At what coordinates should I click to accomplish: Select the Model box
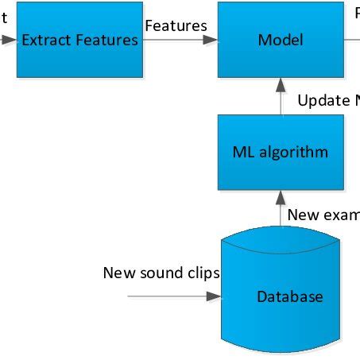[281, 40]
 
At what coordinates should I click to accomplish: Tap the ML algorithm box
[281, 152]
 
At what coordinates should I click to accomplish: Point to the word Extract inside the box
[45, 40]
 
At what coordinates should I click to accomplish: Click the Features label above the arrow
[176, 25]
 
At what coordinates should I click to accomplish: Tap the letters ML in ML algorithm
[242, 152]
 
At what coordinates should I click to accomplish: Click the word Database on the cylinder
[290, 297]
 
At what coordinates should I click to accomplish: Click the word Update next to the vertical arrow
[323, 101]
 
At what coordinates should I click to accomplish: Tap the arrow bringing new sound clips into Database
[175, 296]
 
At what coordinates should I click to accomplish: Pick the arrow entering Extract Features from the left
[7, 40]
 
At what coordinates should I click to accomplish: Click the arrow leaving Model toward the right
[352, 40]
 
